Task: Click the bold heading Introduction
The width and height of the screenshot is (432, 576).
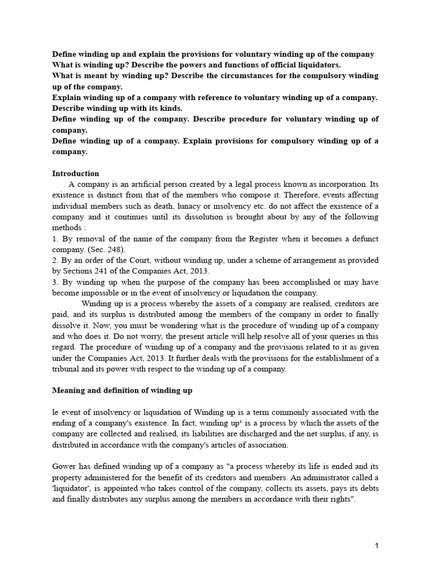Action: click(x=75, y=173)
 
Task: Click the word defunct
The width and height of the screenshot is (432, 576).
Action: click(x=366, y=238)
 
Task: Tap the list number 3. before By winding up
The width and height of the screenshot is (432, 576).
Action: click(x=55, y=282)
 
